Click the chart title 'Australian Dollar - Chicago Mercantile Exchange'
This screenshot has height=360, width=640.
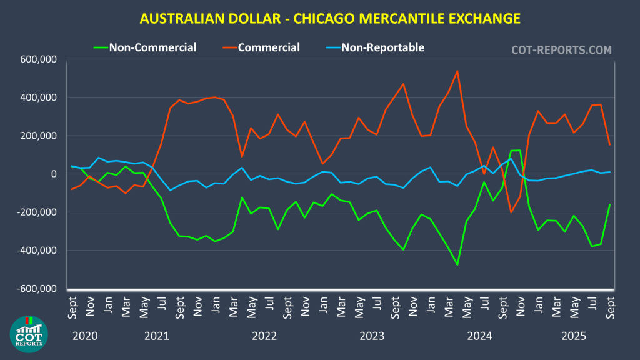coord(330,19)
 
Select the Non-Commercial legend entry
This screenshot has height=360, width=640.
coord(152,47)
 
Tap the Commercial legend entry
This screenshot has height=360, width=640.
coord(269,47)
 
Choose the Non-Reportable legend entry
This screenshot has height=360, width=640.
coord(382,47)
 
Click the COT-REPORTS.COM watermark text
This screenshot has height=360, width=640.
coord(562,49)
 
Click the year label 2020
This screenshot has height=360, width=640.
coord(86,336)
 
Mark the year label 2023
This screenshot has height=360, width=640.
coord(372,336)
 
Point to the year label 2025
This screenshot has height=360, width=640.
coord(574,336)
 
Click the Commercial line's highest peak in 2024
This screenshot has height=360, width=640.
coord(457,71)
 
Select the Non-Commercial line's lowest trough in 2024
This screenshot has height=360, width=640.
coord(457,265)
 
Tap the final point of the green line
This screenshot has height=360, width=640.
coord(610,204)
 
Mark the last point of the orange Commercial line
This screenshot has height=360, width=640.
coord(610,145)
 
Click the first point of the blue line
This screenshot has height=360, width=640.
coord(72,166)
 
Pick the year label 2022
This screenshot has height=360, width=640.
coord(264,336)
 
